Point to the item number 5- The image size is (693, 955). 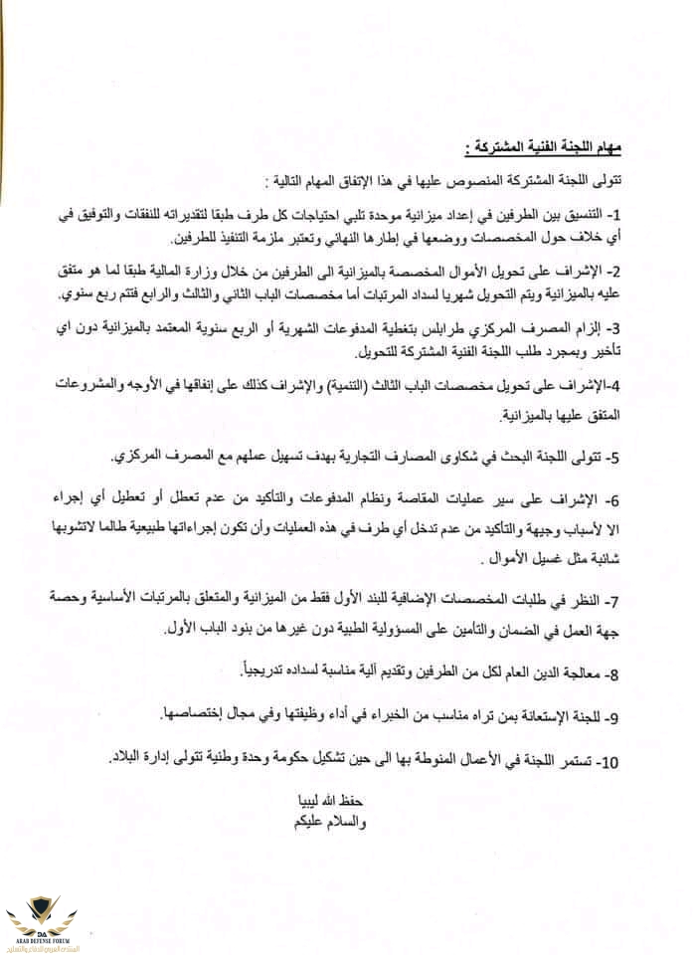(613, 459)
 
